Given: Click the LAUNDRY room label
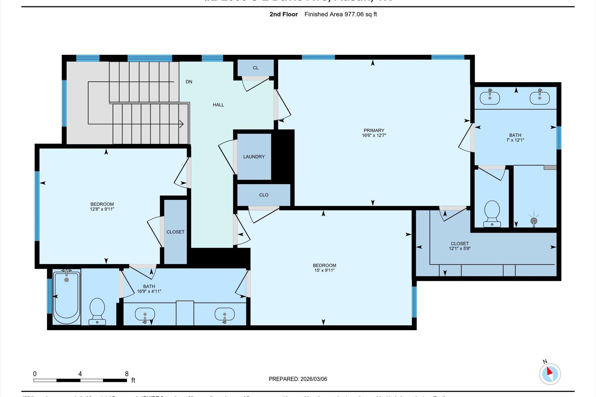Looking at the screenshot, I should (254, 156).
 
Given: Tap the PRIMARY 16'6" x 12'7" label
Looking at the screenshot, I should (374, 133).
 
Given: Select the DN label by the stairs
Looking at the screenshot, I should (189, 82).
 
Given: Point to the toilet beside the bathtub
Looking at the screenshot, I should (97, 311).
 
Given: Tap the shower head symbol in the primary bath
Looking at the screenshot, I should (533, 221).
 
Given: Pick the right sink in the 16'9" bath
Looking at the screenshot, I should (224, 314).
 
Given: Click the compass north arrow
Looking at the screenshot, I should (549, 371).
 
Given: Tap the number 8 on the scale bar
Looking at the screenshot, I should (127, 374).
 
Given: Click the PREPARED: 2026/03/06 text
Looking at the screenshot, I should (298, 379).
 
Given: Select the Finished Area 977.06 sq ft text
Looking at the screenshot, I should (340, 14).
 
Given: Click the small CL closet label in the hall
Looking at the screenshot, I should (256, 68).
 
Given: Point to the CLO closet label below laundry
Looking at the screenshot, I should (264, 195).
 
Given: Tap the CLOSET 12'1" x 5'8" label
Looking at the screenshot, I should (460, 246).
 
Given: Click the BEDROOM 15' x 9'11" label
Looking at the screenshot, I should (324, 268).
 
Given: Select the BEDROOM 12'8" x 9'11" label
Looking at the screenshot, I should (102, 206).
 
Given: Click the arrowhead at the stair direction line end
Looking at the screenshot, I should (182, 124).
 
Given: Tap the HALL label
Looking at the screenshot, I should (218, 105).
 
